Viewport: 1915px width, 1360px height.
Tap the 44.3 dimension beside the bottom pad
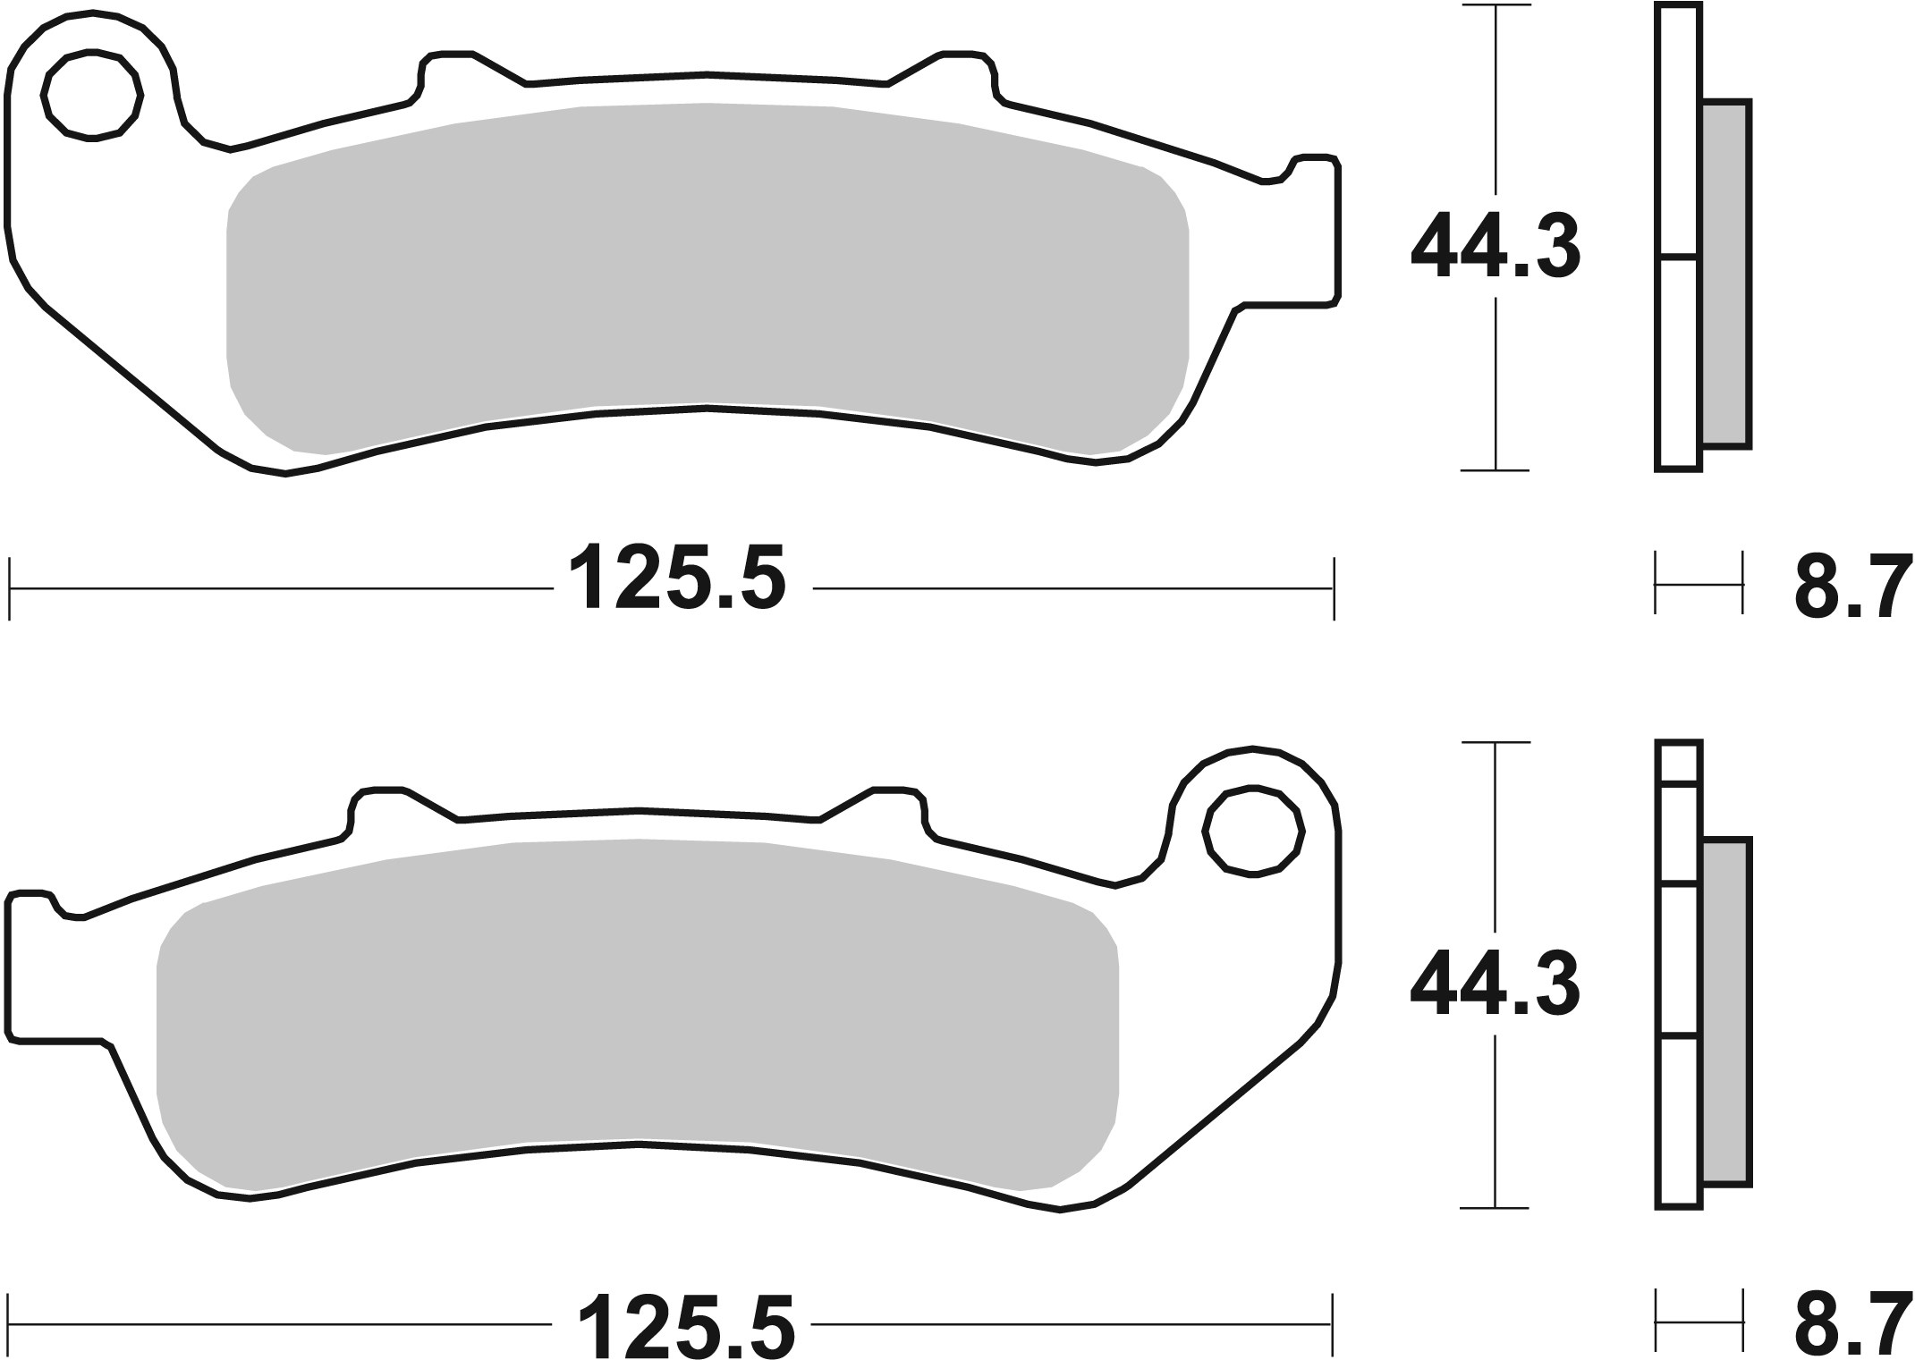pyautogui.click(x=1495, y=984)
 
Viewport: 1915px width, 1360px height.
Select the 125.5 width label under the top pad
pyautogui.click(x=677, y=579)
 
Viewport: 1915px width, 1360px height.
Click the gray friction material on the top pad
pyautogui.click(x=707, y=268)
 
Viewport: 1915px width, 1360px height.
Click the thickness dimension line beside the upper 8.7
pyautogui.click(x=1699, y=585)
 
